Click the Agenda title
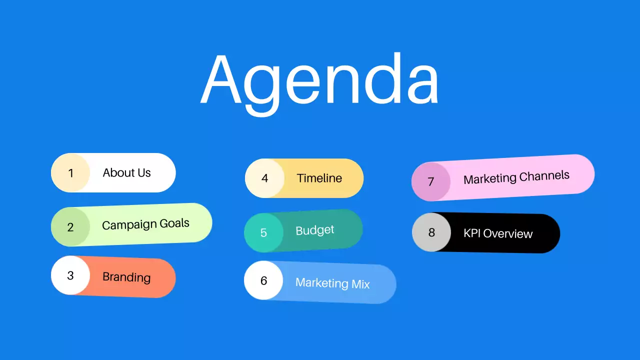coord(320,80)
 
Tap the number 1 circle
coord(70,173)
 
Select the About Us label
coord(126,173)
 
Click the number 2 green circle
coord(70,227)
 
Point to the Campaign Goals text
coord(145,224)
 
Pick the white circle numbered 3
coord(70,275)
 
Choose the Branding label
coord(126,277)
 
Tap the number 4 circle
coord(264,178)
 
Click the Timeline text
coord(319,178)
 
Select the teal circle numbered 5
coord(263,232)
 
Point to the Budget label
coord(314,230)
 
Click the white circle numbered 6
coord(263,280)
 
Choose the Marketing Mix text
coord(332,283)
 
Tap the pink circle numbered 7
coord(431,181)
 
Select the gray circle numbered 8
coord(431,232)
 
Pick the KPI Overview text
coord(498,233)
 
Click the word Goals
coord(174,223)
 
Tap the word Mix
coord(360,285)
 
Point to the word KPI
coord(472,233)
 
